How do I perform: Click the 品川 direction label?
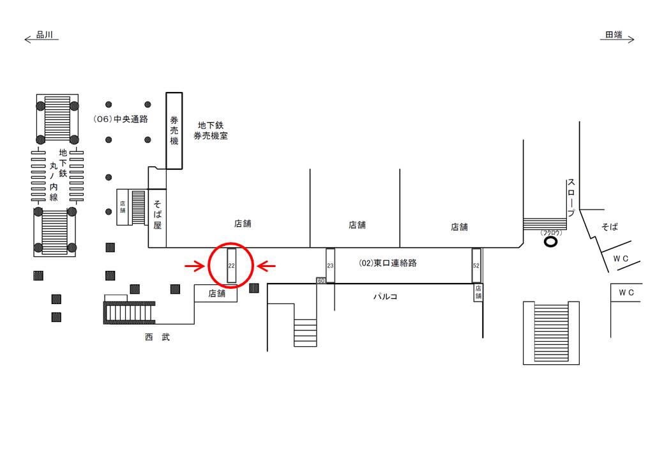point(44,36)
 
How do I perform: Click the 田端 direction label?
point(614,36)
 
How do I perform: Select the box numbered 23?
point(330,265)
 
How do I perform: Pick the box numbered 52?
point(476,265)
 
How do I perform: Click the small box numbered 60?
point(321,280)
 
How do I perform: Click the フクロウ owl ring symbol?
point(550,241)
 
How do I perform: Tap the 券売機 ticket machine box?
point(174,130)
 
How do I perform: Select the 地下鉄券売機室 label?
point(211,131)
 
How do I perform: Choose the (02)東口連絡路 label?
point(387,263)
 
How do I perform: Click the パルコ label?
point(385,296)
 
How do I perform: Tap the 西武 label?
point(157,337)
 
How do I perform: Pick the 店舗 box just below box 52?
point(478,293)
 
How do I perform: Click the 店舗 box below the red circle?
point(216,293)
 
